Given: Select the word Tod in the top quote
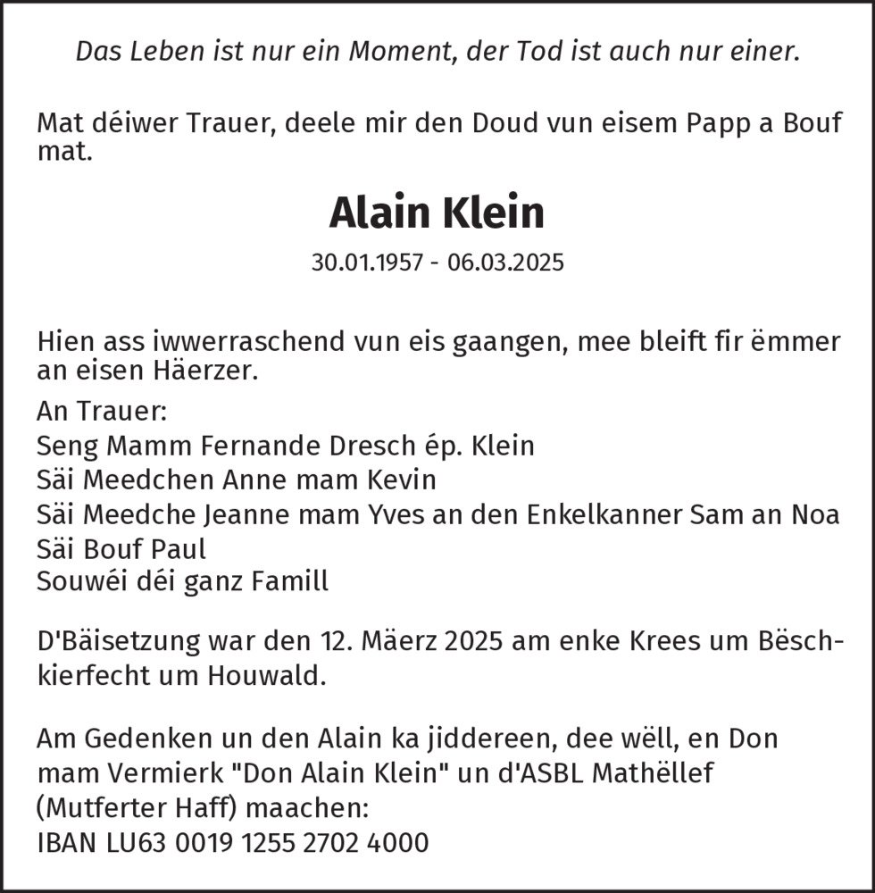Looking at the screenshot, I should [553, 52].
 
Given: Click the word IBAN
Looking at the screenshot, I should [66, 841].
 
